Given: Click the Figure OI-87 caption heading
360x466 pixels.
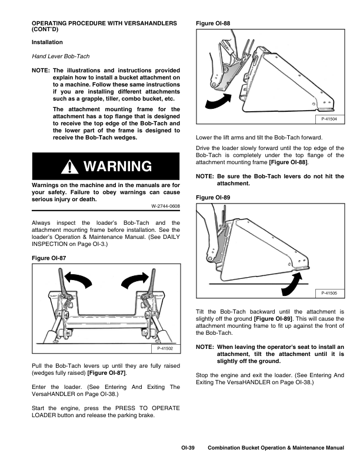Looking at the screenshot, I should pos(50,258).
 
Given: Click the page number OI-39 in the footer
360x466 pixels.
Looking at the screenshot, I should pos(188,448).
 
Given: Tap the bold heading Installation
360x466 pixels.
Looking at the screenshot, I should pos(47,42).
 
